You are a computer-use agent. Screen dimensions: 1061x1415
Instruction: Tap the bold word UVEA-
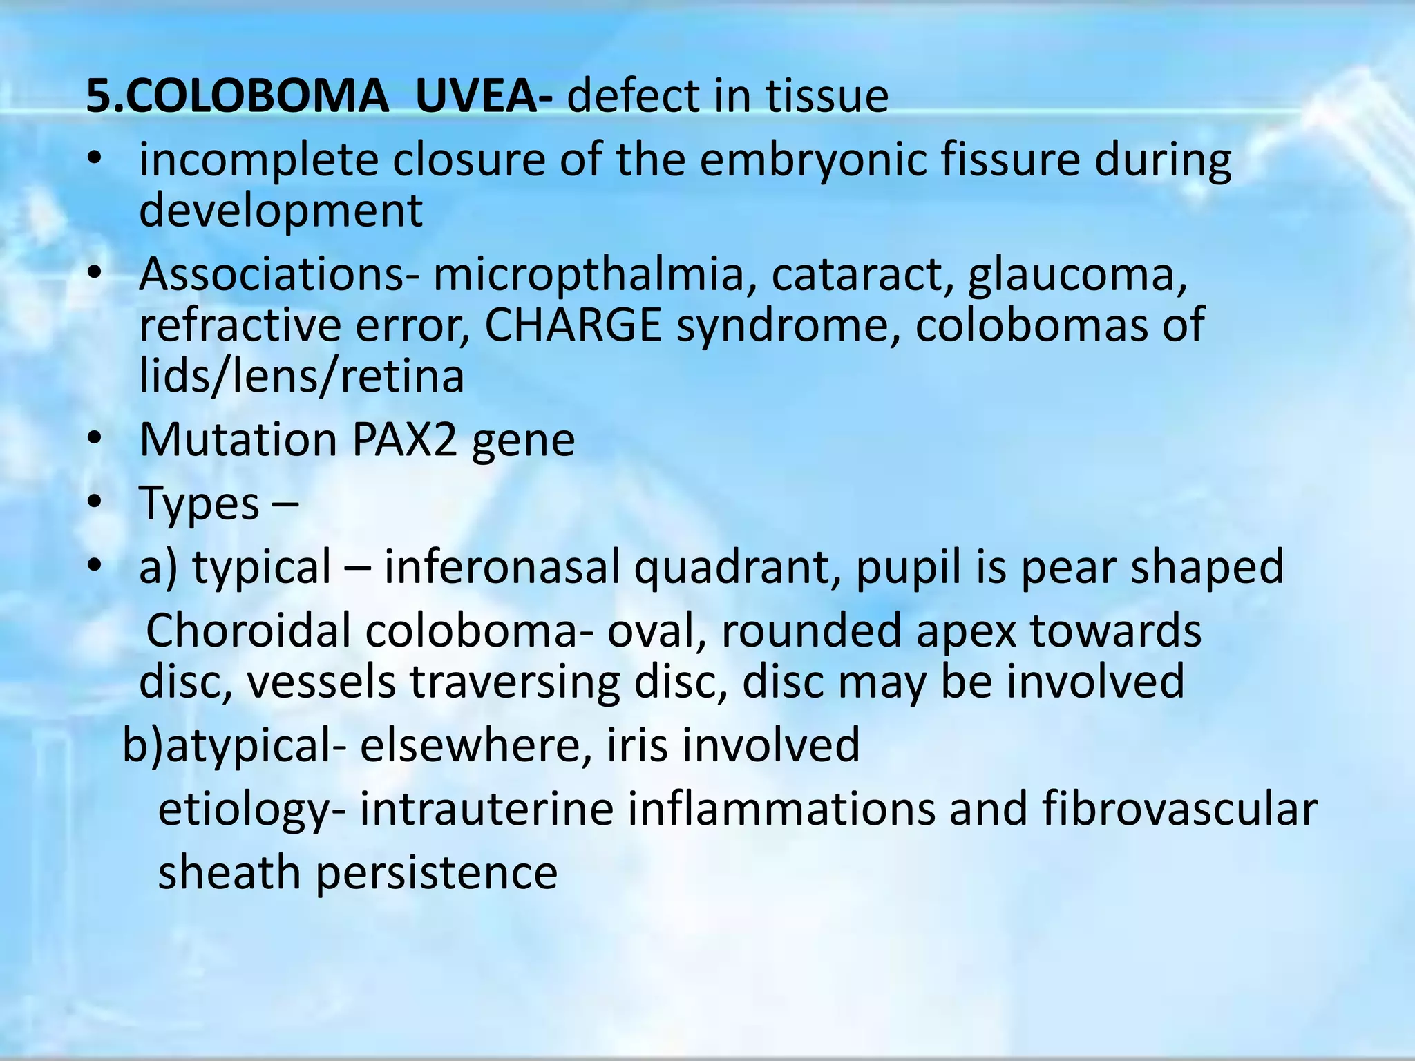point(483,96)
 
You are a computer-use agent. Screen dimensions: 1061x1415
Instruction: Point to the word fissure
point(1009,160)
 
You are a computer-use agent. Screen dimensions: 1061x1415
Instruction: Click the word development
point(281,211)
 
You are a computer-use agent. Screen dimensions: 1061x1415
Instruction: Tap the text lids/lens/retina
point(301,376)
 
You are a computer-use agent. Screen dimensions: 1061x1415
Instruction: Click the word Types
point(200,504)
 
